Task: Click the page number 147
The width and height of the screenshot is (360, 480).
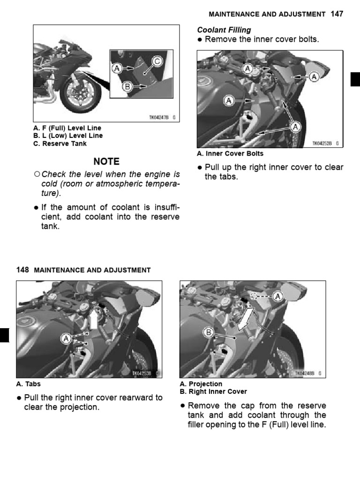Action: click(x=337, y=14)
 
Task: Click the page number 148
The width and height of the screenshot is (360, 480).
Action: click(x=22, y=270)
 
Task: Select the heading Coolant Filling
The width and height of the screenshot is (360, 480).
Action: click(x=224, y=30)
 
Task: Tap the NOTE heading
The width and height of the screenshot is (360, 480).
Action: click(x=106, y=161)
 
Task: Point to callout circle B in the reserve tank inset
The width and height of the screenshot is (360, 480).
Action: click(x=127, y=87)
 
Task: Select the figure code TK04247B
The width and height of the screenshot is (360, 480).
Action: click(x=159, y=119)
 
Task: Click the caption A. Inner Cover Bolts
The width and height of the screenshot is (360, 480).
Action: click(x=230, y=153)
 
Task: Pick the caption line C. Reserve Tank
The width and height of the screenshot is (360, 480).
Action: click(x=60, y=143)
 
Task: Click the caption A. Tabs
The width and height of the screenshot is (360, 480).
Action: click(x=29, y=383)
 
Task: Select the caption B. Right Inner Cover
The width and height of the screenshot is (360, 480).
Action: click(x=213, y=391)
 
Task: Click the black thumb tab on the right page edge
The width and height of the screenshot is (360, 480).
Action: click(x=355, y=80)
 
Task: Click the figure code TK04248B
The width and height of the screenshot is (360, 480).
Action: click(x=305, y=374)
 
